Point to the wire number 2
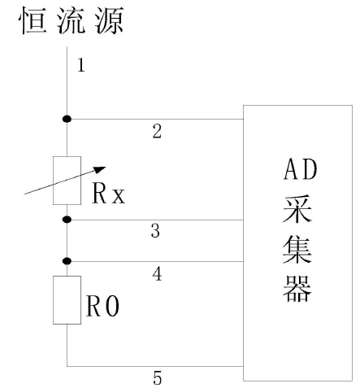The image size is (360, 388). (158, 132)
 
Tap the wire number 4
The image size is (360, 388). (158, 275)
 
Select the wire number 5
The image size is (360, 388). (158, 377)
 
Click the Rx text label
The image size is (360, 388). (108, 196)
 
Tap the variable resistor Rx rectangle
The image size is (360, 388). (67, 181)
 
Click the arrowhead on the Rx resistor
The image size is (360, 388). (100, 170)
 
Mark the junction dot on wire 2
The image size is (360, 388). (67, 120)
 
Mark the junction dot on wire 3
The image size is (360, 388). (67, 220)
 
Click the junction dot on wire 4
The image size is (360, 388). (67, 261)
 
